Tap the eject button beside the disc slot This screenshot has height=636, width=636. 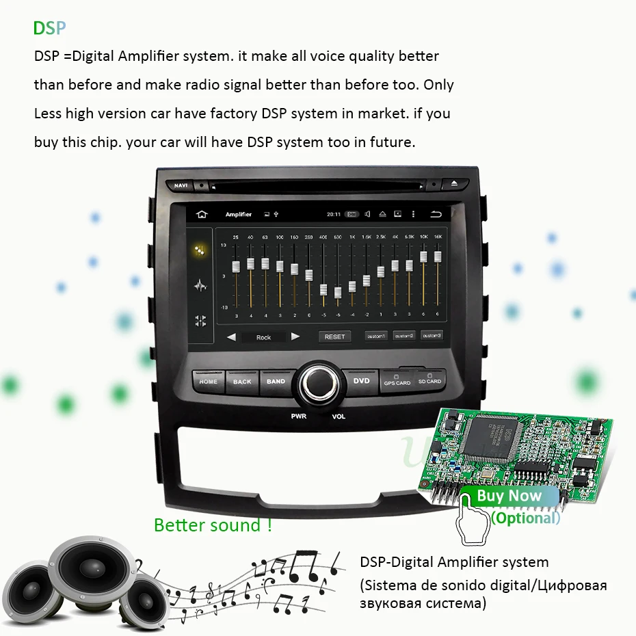pyautogui.click(x=454, y=183)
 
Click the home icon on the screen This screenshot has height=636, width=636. pyautogui.click(x=201, y=215)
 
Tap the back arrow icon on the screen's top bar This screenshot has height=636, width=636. pyautogui.click(x=435, y=215)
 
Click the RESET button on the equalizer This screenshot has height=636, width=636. pyautogui.click(x=334, y=336)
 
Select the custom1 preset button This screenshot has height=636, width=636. pyautogui.click(x=375, y=336)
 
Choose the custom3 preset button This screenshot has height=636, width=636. pyautogui.click(x=431, y=336)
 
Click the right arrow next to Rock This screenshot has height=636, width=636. pyautogui.click(x=295, y=336)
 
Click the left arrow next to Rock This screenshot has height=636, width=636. pyautogui.click(x=231, y=336)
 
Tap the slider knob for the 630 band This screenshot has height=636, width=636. pyautogui.click(x=338, y=293)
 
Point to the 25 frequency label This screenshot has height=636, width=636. pyautogui.click(x=236, y=237)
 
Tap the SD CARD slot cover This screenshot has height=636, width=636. pyautogui.click(x=429, y=379)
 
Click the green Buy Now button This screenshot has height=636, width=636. pyautogui.click(x=509, y=496)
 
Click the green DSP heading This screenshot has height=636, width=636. pyautogui.click(x=49, y=28)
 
